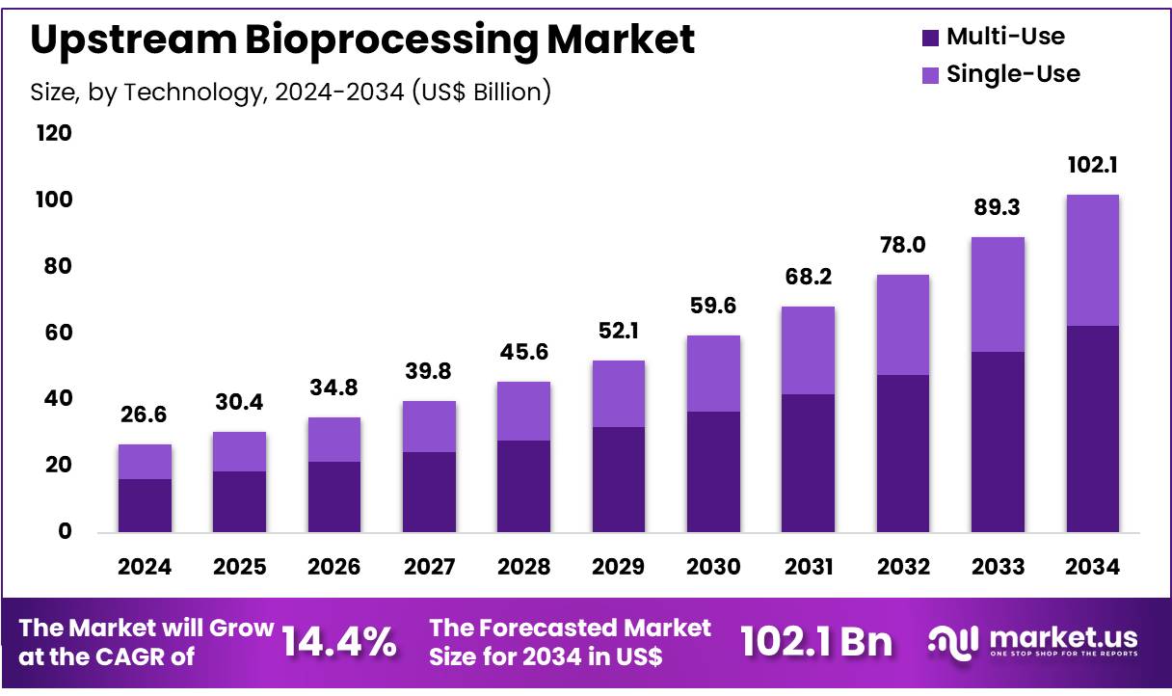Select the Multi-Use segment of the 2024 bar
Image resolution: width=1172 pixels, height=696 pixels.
pos(145,505)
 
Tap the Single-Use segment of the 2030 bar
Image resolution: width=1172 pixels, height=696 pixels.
pos(713,374)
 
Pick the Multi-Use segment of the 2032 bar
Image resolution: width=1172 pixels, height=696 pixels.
pos(902,453)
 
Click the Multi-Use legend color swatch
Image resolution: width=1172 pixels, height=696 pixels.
pos(930,39)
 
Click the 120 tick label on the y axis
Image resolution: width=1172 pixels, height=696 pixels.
pos(55,134)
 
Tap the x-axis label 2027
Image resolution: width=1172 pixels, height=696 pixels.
pos(429,567)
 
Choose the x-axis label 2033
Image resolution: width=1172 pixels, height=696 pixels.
pos(997,567)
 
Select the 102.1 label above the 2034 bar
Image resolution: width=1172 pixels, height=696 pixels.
pos(1091,166)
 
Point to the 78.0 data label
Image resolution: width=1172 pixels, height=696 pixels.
pos(902,246)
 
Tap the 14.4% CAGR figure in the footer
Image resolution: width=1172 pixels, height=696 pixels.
pos(338,643)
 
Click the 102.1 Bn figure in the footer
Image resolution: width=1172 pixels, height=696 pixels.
pos(816,643)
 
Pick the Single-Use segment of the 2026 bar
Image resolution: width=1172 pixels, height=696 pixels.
pos(334,440)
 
